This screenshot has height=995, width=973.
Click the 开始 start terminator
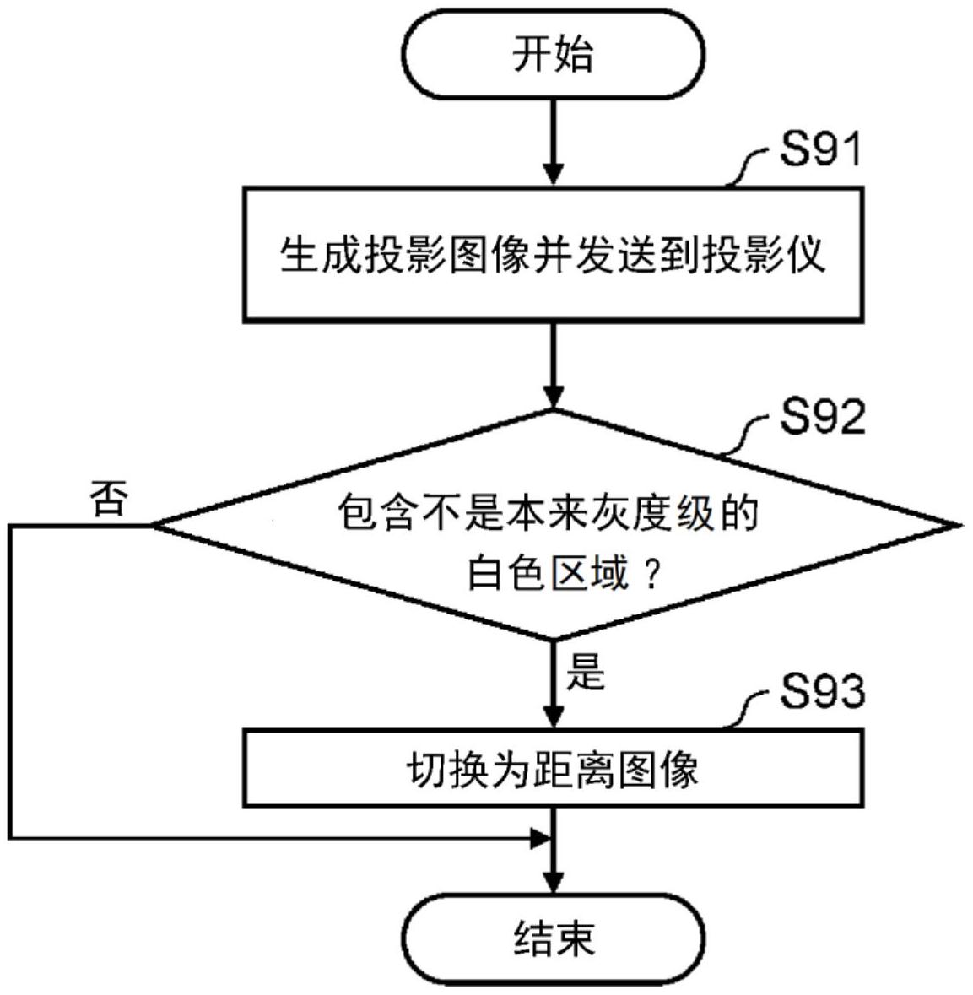tap(554, 55)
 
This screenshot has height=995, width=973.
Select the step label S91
tap(819, 151)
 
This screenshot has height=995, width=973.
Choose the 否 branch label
tap(109, 500)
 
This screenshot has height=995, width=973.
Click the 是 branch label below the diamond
tap(586, 672)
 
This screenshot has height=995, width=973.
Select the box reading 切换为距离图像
tap(554, 767)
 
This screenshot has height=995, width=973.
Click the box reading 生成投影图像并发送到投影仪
tap(554, 254)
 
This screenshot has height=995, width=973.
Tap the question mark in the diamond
tap(650, 576)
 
